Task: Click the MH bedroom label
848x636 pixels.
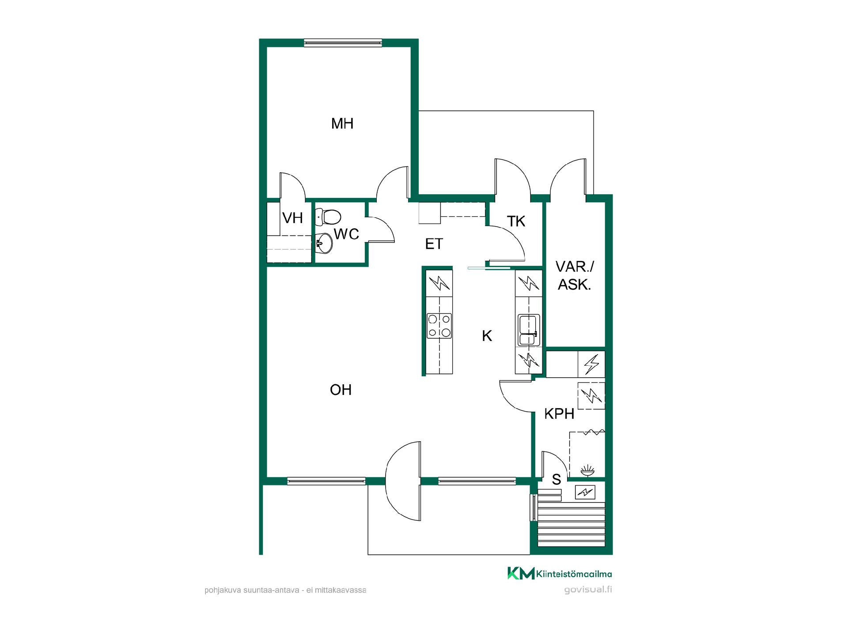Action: (x=342, y=123)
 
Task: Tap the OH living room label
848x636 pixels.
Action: (x=341, y=390)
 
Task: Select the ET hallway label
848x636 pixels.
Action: (x=434, y=244)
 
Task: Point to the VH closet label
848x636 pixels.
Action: (x=292, y=218)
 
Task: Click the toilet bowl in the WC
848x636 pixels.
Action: (x=329, y=217)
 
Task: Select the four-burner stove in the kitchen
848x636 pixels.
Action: (x=439, y=326)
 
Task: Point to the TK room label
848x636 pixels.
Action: (x=516, y=221)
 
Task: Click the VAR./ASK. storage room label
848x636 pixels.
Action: (x=575, y=276)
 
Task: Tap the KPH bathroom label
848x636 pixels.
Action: (x=559, y=414)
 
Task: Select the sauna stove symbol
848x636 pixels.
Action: (x=585, y=492)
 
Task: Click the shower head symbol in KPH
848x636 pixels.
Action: (x=587, y=471)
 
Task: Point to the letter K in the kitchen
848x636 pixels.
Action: (x=487, y=336)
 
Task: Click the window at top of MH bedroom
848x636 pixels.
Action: (x=343, y=43)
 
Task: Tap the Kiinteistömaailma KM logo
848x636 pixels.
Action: (x=559, y=573)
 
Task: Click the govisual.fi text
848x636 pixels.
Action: (x=588, y=590)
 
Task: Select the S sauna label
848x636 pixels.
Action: (x=556, y=479)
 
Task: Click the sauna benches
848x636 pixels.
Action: (x=571, y=525)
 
